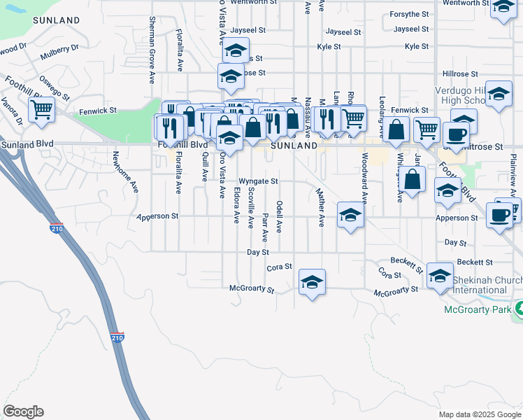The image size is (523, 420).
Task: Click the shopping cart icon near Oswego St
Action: coord(41,109)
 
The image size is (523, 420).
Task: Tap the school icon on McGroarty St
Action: coord(312,281)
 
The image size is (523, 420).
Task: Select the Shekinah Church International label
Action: coord(486,284)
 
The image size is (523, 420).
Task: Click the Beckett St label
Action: coord(475,262)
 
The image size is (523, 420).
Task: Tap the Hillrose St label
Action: coord(459,73)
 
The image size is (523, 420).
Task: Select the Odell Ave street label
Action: coord(279,216)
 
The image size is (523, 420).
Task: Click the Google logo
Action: coord(23,412)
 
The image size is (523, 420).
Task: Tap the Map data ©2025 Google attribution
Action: coord(479,414)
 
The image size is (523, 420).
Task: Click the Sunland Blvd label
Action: coord(27,143)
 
